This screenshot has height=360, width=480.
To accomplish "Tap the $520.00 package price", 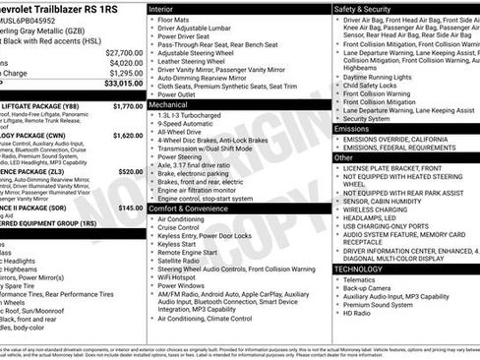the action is tap(130, 171).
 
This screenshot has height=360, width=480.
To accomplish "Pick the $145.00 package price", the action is tap(130, 209).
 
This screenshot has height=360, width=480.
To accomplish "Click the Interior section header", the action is tap(168, 8).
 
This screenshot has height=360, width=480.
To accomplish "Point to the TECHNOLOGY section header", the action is tap(358, 269).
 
